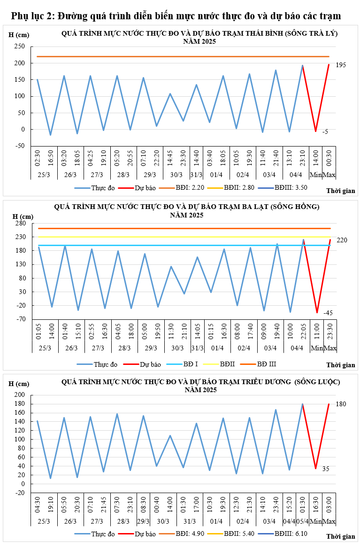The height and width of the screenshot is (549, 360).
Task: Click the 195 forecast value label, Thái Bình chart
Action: point(341,65)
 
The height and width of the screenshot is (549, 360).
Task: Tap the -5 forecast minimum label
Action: point(325,132)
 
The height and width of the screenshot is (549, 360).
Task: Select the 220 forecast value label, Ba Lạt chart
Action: point(342,240)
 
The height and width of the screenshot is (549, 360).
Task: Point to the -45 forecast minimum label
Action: point(328,313)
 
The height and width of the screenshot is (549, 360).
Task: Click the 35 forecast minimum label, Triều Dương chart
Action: point(326,469)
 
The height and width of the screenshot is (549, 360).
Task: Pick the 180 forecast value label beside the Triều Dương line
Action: point(341,404)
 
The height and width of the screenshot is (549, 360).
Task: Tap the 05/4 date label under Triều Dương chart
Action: point(302,521)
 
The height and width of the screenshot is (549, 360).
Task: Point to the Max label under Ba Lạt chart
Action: point(329,348)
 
